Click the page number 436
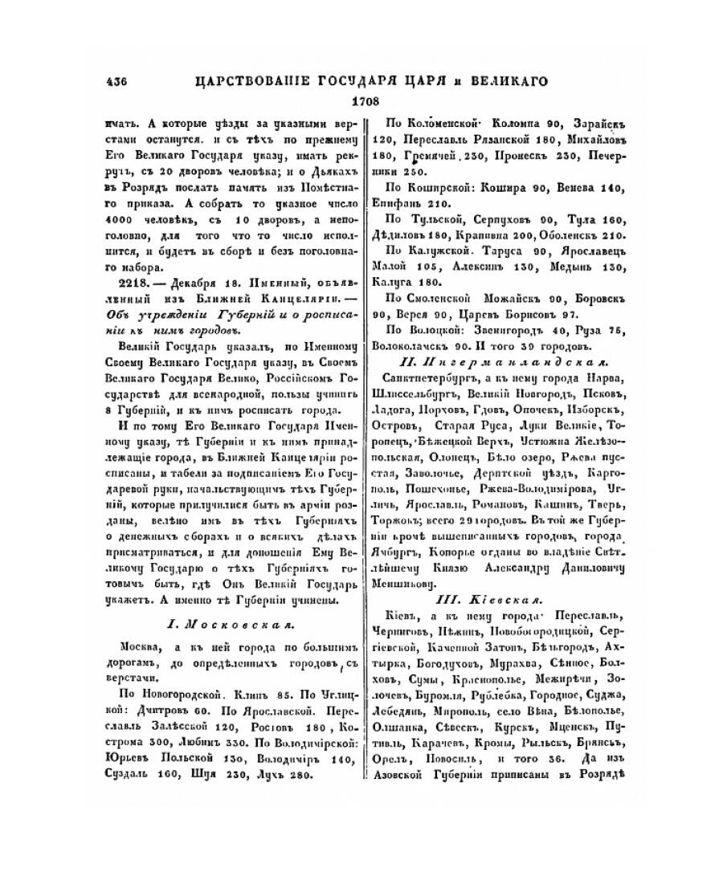[x=117, y=80]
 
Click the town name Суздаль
[x=129, y=775]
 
